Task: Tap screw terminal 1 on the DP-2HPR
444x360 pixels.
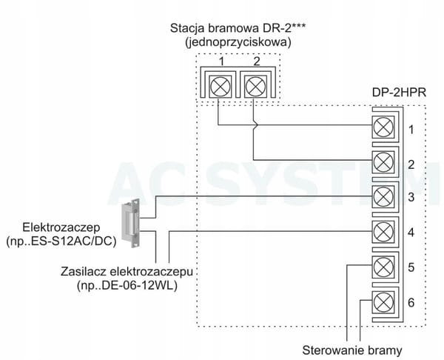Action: pos(383,127)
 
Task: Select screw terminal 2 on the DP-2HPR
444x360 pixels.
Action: pos(383,161)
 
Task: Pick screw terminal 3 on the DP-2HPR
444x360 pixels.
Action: pos(383,196)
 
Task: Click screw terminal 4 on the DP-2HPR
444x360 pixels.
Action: pos(383,231)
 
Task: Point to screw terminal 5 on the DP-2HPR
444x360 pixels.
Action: pos(383,266)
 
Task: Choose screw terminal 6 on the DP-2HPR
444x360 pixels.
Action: pos(383,301)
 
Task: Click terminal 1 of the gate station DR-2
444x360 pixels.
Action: pos(219,86)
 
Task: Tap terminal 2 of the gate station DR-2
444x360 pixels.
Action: pos(254,86)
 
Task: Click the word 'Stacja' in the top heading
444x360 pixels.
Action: pos(187,29)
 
